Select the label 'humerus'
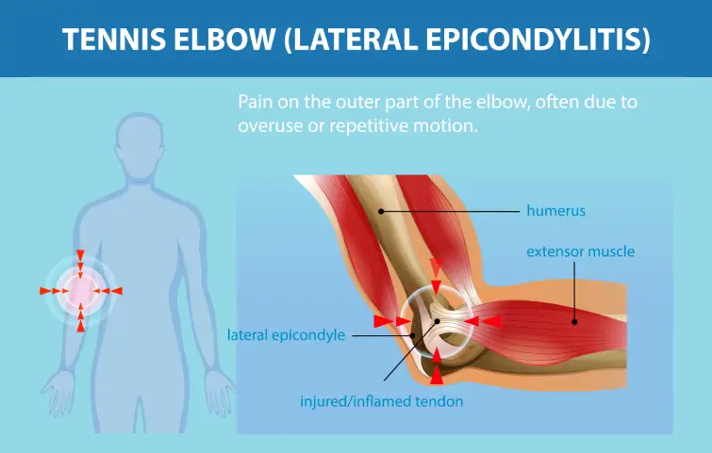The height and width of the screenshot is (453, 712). (555, 211)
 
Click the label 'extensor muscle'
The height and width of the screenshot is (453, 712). (580, 251)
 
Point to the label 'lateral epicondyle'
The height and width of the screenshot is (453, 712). (287, 334)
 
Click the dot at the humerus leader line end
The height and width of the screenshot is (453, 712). (381, 211)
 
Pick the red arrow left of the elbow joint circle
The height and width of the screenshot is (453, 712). (386, 322)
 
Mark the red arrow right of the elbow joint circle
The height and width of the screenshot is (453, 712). (488, 321)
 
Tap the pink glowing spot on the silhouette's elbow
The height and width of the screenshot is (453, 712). (81, 290)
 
